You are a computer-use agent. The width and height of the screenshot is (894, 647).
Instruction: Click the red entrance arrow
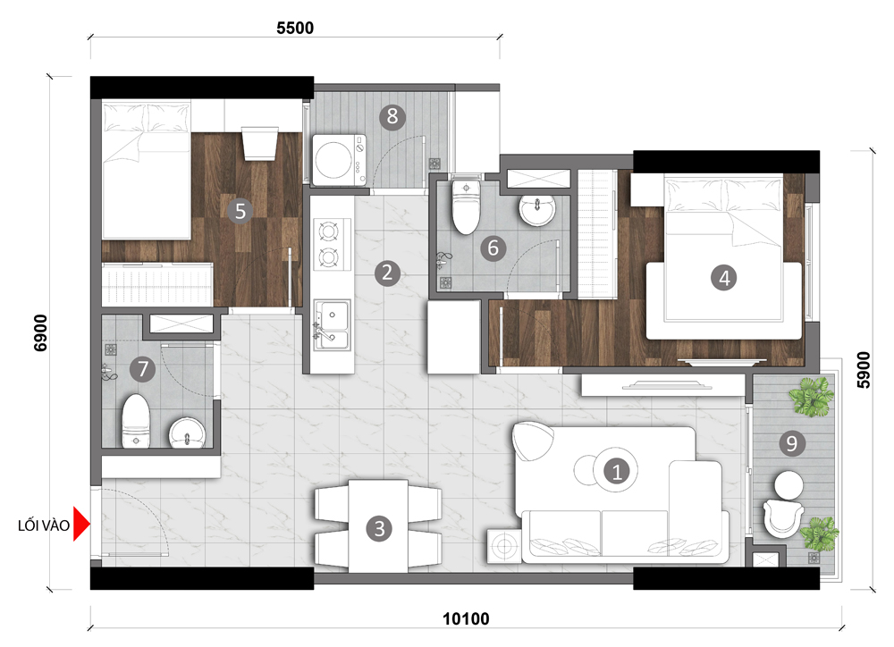(81, 525)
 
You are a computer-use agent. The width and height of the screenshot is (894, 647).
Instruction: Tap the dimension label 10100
(466, 618)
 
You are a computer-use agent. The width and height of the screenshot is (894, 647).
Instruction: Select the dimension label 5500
(295, 28)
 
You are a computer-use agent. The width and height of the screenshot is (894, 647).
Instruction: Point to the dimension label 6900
(41, 333)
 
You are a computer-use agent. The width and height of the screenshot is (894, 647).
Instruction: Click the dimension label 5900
(864, 370)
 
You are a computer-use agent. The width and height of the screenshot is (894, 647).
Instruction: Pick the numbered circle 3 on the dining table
(379, 528)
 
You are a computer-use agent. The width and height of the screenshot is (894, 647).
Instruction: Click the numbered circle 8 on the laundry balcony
(392, 116)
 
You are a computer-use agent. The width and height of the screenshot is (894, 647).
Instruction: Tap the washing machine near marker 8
(339, 160)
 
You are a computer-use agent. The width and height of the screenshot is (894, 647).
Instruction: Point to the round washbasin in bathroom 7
(187, 433)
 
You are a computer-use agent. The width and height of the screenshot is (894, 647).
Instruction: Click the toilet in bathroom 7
(136, 421)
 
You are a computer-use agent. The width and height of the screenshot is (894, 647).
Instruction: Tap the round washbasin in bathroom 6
(537, 210)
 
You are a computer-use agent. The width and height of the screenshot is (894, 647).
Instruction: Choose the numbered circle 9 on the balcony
(791, 443)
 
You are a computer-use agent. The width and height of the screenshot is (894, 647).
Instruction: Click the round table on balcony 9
(789, 485)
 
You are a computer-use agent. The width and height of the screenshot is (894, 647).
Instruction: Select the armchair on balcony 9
(782, 518)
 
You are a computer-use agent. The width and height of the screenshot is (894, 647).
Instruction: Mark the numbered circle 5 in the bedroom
(240, 211)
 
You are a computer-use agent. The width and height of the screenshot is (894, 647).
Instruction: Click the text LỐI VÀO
(43, 525)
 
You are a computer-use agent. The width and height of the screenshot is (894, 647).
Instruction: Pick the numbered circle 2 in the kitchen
(387, 273)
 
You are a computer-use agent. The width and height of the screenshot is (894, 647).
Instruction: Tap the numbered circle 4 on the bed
(724, 278)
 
